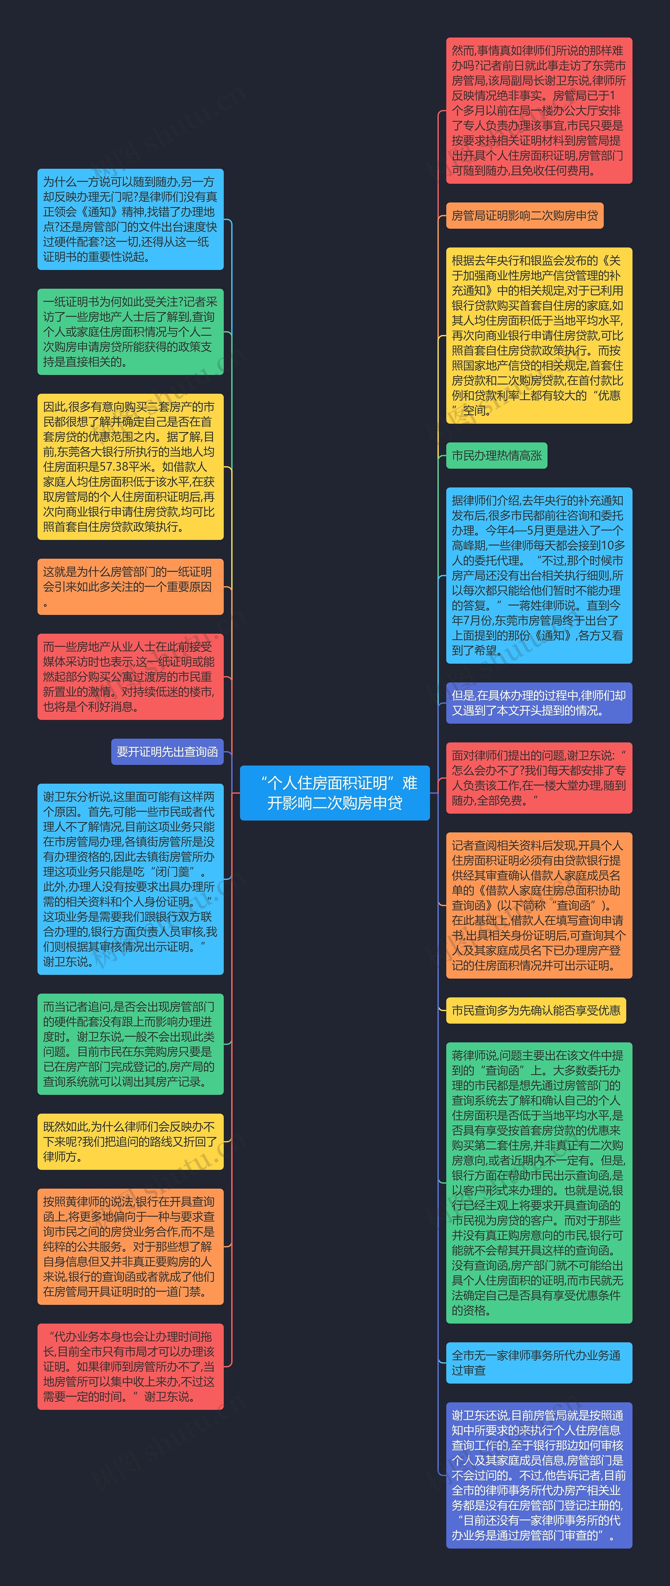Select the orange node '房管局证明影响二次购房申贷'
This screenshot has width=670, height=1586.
point(524,216)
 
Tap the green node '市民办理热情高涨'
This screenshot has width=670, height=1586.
point(496,456)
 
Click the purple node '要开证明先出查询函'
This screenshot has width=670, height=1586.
point(167,752)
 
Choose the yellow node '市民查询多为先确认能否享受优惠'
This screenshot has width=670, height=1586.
point(536,1010)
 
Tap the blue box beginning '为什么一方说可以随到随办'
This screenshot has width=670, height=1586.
point(130,219)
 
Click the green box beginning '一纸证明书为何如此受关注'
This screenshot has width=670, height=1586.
point(130,332)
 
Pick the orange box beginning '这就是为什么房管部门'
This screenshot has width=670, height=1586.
point(130,587)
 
